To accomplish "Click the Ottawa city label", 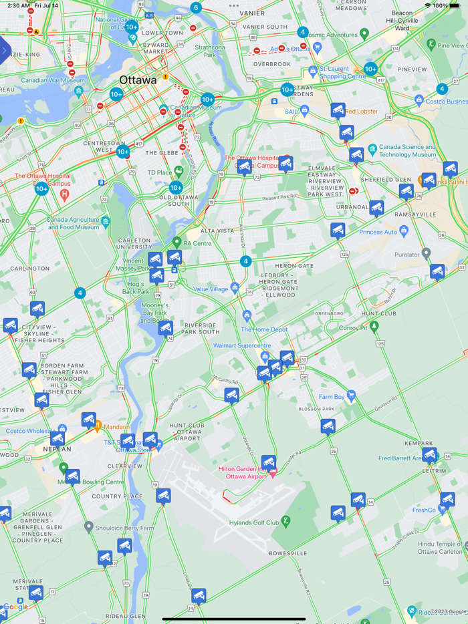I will [x=138, y=80].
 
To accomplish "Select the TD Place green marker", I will [x=179, y=172].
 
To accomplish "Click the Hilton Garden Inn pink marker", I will [x=273, y=473].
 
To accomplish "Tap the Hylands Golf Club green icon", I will [x=285, y=521].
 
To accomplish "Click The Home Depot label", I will [x=264, y=329].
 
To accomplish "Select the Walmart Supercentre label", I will [x=242, y=345].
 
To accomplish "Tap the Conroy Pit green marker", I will [x=374, y=326].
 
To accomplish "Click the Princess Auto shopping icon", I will [x=403, y=232].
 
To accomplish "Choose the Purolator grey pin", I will [x=427, y=254].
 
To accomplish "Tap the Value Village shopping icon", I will [x=235, y=289].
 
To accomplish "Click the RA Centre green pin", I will [x=177, y=242].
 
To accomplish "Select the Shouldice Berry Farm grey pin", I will [x=88, y=528].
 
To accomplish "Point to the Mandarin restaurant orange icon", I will [x=98, y=426].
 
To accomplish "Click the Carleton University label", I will [x=134, y=243].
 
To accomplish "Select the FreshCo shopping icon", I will [x=442, y=509].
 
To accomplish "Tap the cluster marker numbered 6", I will [x=195, y=8].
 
